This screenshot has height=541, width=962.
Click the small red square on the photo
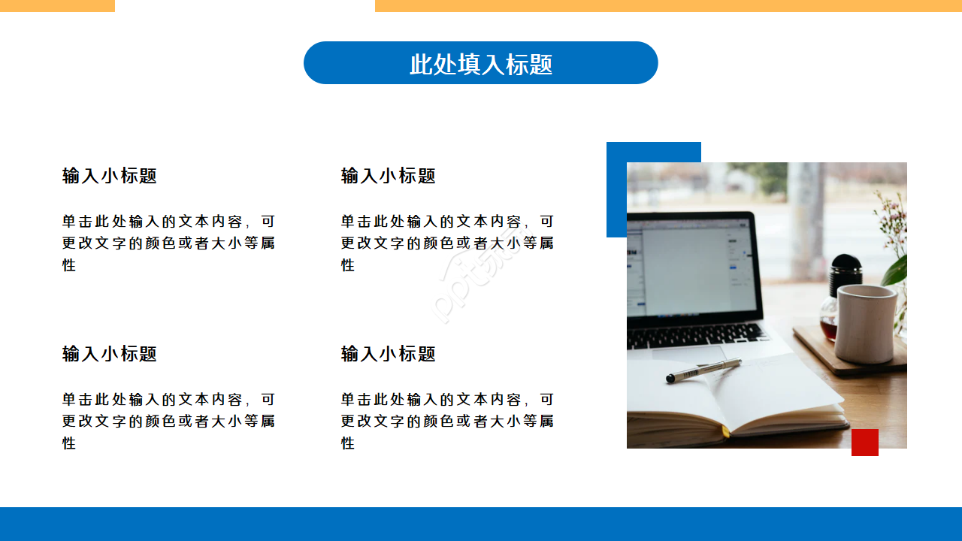[864, 443]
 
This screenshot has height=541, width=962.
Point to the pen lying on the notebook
[703, 370]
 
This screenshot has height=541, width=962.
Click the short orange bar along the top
[57, 5]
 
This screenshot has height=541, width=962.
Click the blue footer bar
[481, 524]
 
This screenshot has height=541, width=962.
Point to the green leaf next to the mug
[895, 271]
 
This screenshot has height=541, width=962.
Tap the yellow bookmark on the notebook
[725, 431]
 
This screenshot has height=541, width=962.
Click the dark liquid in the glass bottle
[828, 328]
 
